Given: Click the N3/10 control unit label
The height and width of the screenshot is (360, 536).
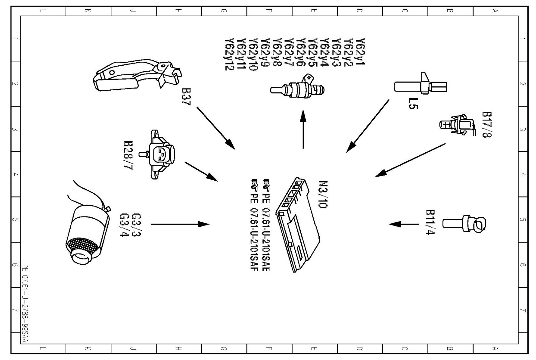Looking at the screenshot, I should click(323, 194).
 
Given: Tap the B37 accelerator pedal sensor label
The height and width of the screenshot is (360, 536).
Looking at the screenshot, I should click(186, 97).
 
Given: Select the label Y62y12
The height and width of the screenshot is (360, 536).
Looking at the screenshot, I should click(229, 55).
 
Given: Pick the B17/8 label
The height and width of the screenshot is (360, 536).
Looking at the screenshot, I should click(487, 125).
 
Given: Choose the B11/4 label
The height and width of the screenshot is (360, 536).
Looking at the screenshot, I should click(430, 222).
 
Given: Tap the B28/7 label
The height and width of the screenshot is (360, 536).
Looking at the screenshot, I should click(128, 155).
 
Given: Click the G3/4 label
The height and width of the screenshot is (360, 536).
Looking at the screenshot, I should click(124, 225).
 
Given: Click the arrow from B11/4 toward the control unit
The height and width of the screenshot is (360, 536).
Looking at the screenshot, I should click(404, 224).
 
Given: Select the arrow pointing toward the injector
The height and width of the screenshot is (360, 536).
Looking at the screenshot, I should click(303, 129).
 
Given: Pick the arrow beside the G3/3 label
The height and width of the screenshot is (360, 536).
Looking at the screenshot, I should click(180, 224).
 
